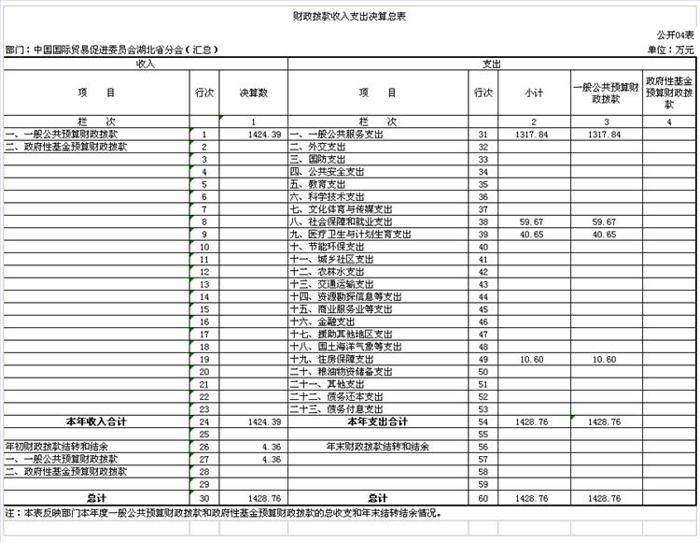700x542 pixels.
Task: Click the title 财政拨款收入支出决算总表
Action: coord(349,17)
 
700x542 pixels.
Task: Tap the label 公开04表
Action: coord(676,35)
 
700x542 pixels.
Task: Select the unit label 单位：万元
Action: coord(670,50)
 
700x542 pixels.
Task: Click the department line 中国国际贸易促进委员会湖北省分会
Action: coord(112,50)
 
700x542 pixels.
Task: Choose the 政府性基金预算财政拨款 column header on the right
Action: coord(670,93)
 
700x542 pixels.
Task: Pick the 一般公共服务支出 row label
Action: coord(337,135)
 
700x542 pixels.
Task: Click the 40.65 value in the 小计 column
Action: coord(532,234)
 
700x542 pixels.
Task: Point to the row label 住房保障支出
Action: coord(337,359)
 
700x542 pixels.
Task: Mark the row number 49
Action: coord(483,359)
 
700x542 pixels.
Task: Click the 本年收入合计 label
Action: coord(95,421)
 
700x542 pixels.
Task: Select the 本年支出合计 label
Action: coord(378,421)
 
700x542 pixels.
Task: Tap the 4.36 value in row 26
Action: coord(271,447)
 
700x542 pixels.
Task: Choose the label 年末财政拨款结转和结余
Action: coord(378,447)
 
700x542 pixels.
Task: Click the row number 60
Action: coord(483,497)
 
